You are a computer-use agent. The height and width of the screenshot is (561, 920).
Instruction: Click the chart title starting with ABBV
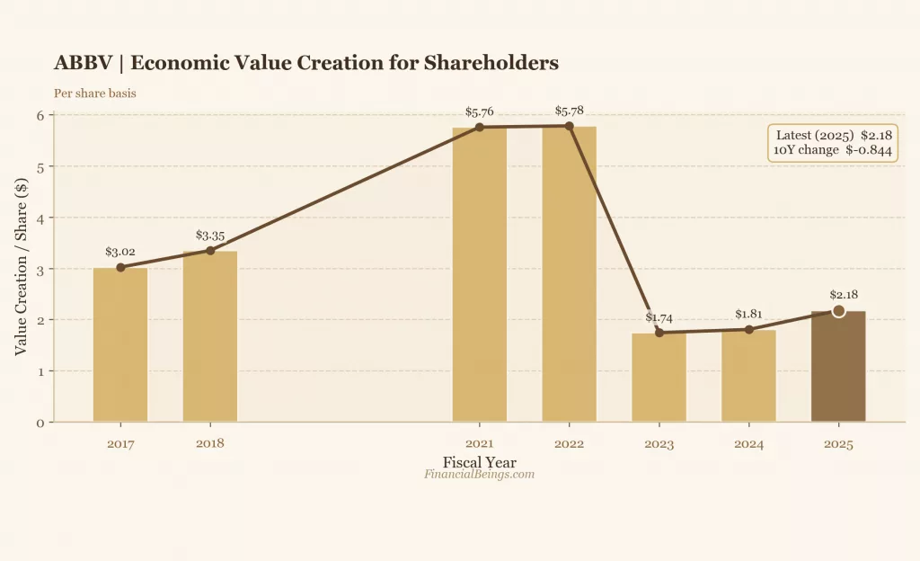[305, 63]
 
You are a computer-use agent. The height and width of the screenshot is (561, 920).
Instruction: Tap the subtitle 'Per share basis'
[95, 93]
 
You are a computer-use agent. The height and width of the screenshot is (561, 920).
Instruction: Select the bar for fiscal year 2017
[120, 345]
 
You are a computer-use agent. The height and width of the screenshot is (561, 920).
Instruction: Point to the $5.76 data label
[479, 111]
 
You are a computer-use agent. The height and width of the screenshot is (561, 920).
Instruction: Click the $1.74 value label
[659, 317]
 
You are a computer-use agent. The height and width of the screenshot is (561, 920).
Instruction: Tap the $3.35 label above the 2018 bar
[210, 236]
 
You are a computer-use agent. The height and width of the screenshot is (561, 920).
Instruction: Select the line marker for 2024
[748, 329]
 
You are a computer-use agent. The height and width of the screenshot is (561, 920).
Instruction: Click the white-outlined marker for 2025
[838, 311]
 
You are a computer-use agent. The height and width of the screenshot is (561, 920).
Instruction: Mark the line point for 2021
[479, 127]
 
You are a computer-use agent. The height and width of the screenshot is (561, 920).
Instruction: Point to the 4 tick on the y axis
[40, 218]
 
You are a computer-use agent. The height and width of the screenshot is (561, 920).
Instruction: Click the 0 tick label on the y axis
[40, 423]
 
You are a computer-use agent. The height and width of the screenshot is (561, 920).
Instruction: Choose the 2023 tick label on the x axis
[659, 444]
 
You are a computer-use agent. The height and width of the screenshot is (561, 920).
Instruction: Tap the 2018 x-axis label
[210, 443]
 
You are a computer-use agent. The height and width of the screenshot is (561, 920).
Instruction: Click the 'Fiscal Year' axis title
[479, 462]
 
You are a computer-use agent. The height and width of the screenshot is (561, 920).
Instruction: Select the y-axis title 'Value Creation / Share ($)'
[21, 268]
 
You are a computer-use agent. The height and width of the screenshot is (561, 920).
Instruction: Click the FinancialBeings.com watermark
[479, 474]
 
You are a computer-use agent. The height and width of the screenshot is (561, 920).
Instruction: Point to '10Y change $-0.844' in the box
[833, 150]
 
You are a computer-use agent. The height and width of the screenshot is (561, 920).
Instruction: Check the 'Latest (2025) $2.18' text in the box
[833, 135]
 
